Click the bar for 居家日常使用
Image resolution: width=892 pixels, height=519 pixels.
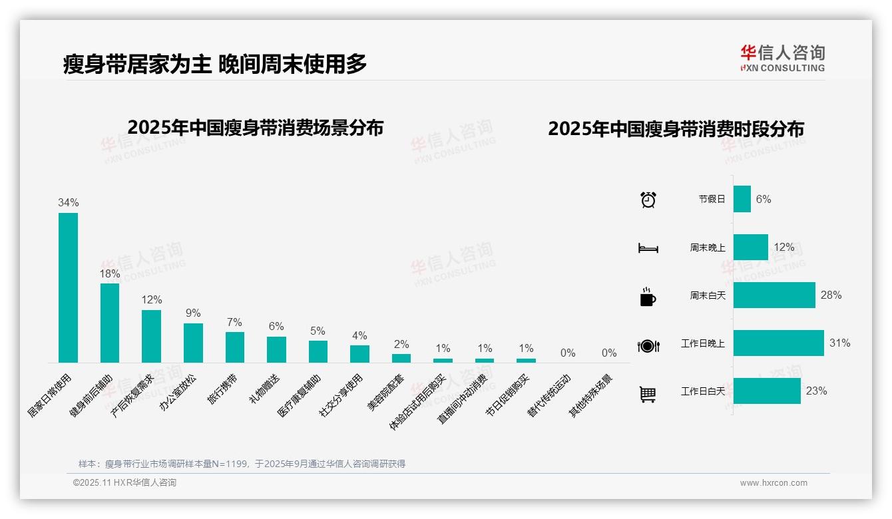tap(68, 287)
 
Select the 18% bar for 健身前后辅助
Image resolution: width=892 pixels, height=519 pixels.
tap(110, 323)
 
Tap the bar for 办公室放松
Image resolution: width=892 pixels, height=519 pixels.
tap(193, 343)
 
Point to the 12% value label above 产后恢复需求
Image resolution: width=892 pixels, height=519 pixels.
tap(151, 300)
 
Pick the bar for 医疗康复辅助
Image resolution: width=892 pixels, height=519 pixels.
tap(318, 351)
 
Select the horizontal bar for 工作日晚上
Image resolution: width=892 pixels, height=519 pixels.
tap(778, 343)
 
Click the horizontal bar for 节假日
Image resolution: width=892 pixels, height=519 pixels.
tap(742, 199)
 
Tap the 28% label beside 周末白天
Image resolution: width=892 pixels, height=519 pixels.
tap(831, 295)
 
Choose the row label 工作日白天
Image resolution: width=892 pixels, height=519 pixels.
tap(702, 391)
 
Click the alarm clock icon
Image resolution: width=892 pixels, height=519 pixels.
tap(648, 200)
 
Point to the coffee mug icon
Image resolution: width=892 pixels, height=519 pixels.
tap(647, 297)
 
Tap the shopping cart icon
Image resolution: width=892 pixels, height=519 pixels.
tap(648, 395)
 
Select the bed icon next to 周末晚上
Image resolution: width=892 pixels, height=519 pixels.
tap(648, 248)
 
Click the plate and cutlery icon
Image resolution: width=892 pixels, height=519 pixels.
tap(648, 345)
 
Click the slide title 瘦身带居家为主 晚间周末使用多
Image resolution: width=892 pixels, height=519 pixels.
tap(215, 65)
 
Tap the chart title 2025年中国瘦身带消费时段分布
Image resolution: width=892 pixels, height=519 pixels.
tap(676, 129)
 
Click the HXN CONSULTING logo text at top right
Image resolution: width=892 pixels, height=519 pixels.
tap(782, 68)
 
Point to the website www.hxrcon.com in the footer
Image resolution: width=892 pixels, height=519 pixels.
tap(774, 483)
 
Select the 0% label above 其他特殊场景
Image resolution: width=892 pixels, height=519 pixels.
tap(609, 353)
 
